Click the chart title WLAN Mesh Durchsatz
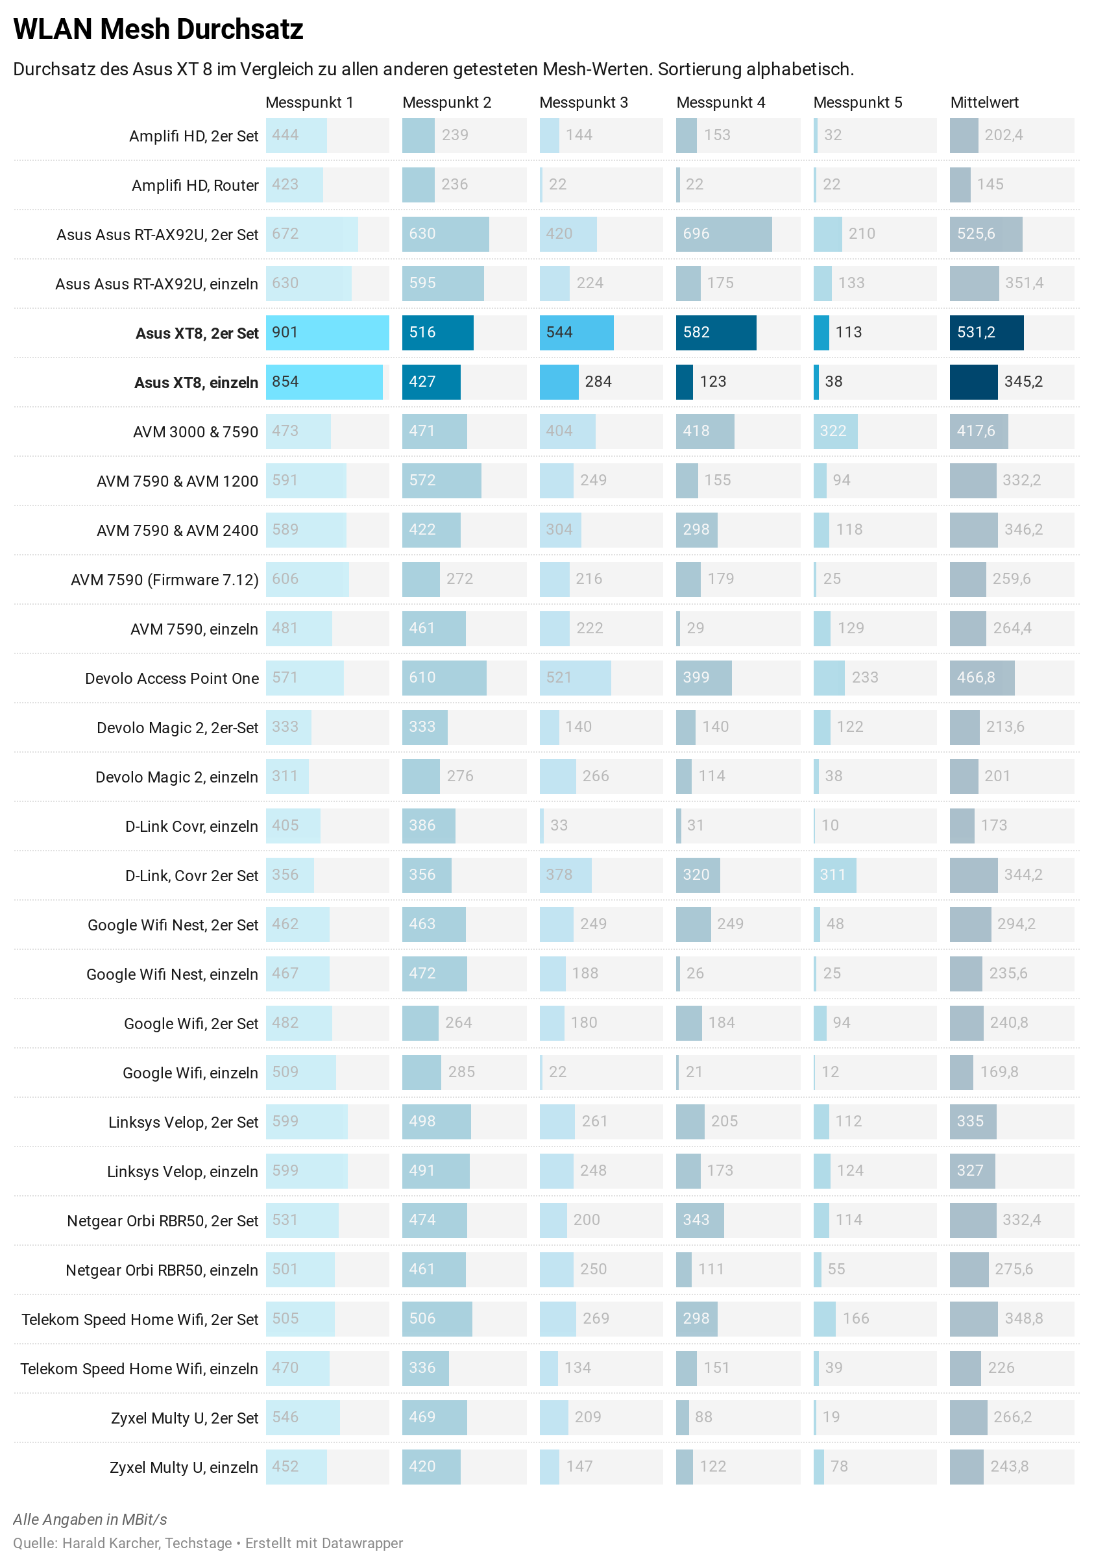158,29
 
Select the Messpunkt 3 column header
583,103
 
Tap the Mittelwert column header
984,103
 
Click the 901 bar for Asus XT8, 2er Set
327,333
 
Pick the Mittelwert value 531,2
976,333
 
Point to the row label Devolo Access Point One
172,679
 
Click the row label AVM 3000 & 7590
195,432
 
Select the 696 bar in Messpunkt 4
723,234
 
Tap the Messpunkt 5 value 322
833,431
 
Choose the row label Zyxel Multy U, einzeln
184,1468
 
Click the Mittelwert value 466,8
976,677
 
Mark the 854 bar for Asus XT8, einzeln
324,382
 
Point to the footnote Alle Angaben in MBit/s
90,1520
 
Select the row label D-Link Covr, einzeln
191,827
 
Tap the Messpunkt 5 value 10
829,825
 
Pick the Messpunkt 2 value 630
422,234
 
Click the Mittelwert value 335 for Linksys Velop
970,1121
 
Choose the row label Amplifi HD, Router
195,186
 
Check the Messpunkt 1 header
310,103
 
